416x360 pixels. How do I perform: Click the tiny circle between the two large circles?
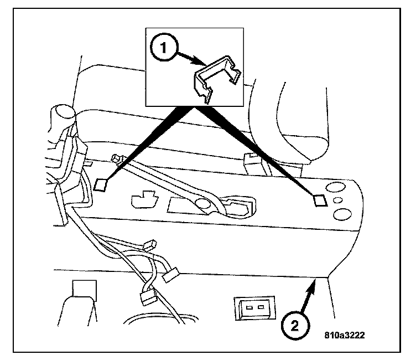point(338,201)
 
